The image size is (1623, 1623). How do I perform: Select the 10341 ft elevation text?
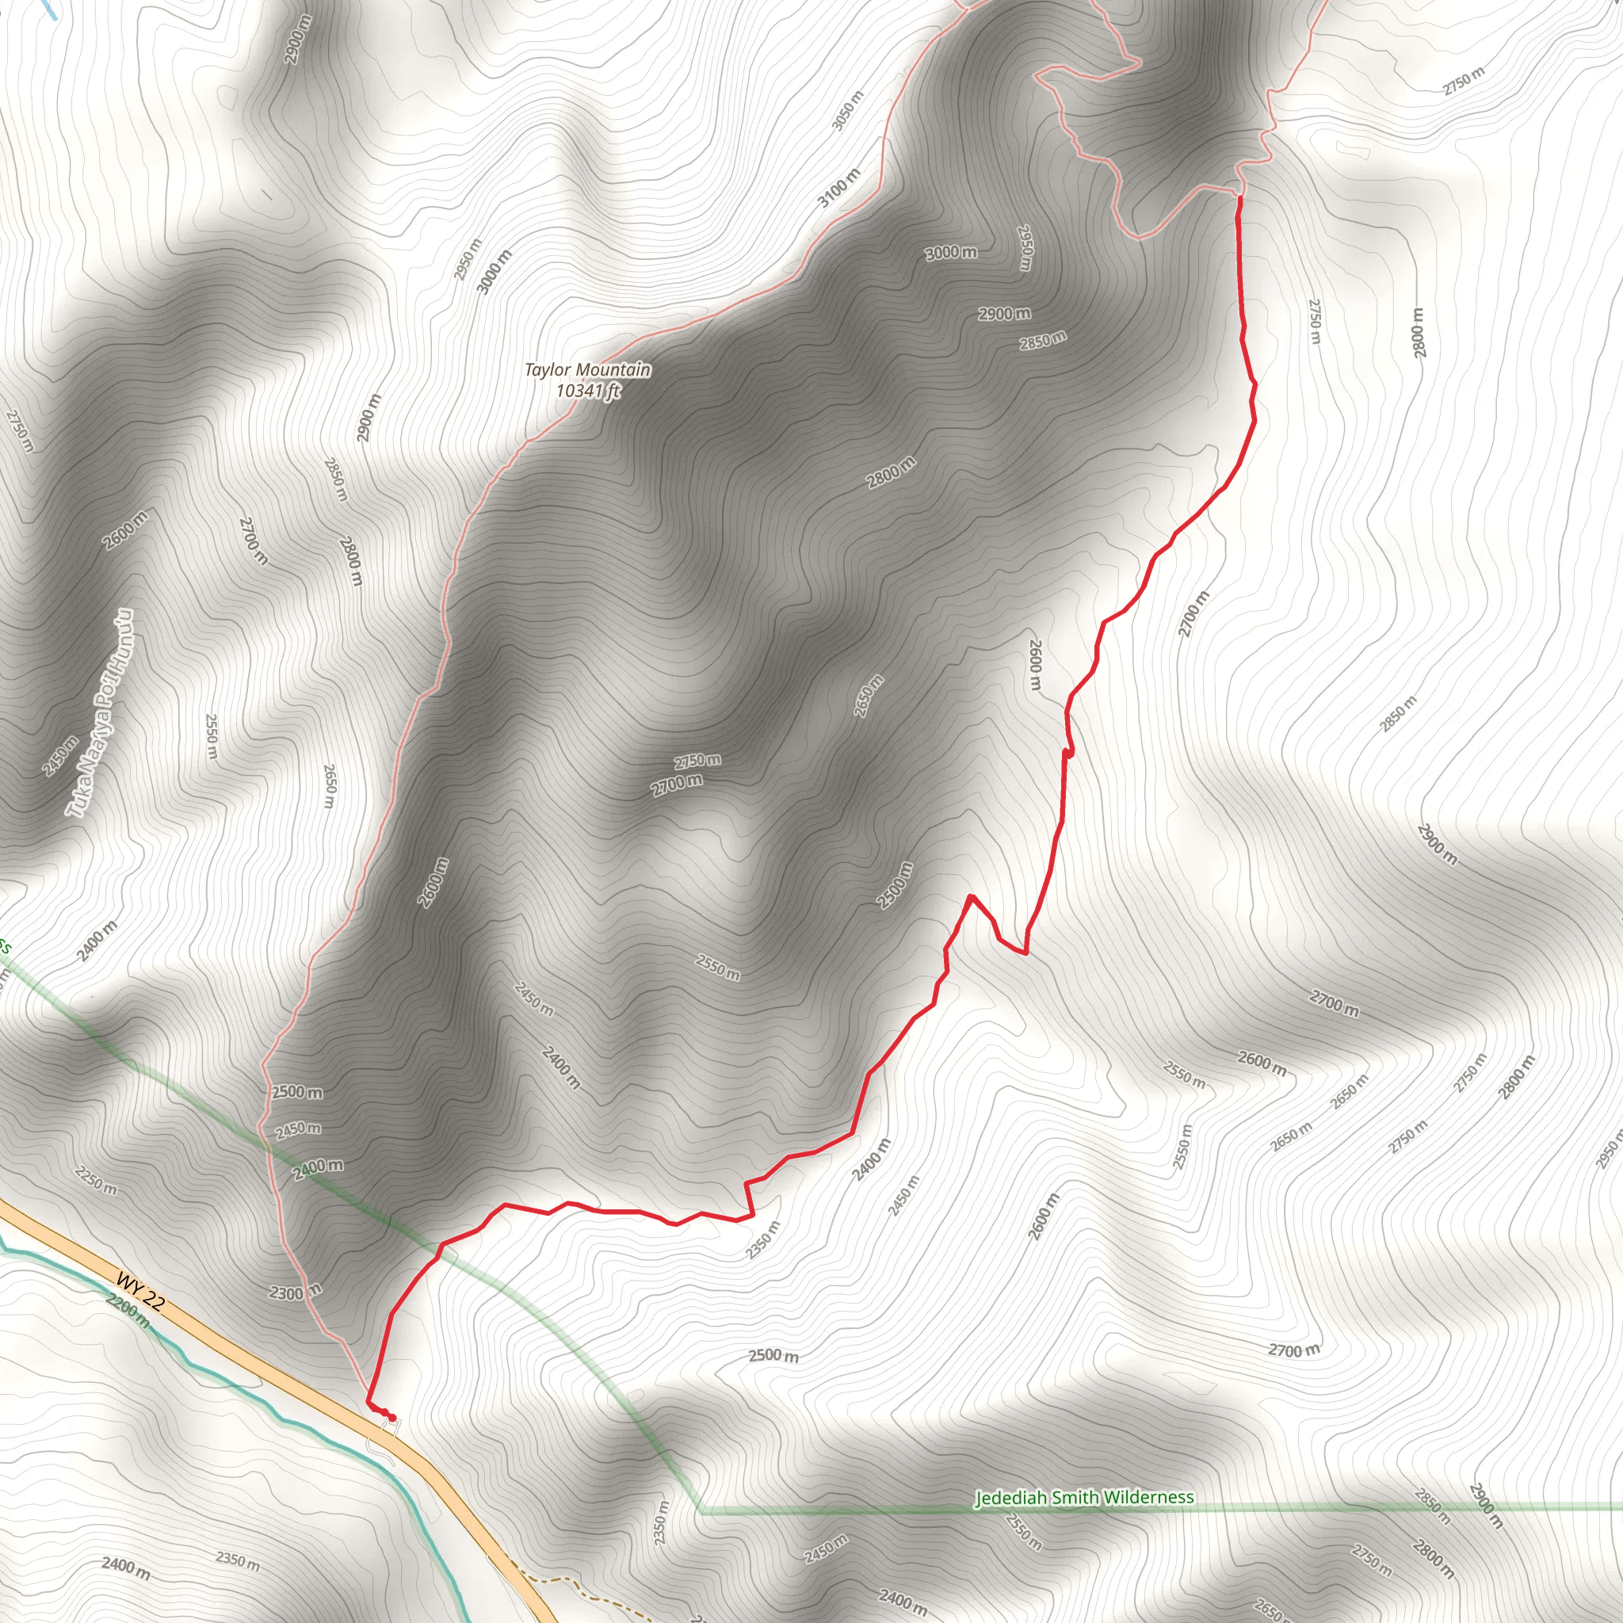(x=587, y=391)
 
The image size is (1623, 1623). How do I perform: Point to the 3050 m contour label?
(x=848, y=111)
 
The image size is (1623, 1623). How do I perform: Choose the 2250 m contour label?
(x=95, y=1180)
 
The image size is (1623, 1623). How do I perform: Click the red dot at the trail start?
(x=391, y=1418)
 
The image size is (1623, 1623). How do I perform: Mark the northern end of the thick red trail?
(x=1239, y=197)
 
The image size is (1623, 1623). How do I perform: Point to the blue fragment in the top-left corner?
(x=48, y=9)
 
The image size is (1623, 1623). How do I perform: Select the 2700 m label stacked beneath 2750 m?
(x=677, y=785)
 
